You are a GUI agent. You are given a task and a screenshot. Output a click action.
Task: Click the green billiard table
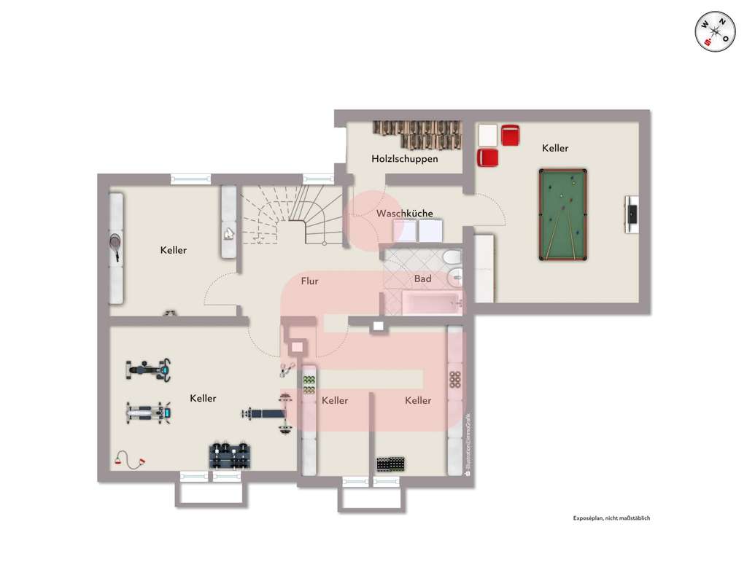coord(562,214)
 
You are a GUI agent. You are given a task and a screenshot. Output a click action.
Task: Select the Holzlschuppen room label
coord(404,158)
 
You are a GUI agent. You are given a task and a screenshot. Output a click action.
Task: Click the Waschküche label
coord(404,214)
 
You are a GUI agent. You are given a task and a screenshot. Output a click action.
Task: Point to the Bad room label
coord(422,278)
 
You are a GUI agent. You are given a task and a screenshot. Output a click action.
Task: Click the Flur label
coord(309,280)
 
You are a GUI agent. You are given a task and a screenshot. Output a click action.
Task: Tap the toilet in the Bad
coord(452,257)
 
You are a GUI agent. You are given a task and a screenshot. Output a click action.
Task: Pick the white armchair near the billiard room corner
coord(487,135)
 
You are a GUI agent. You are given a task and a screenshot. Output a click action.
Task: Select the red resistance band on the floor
coord(130,461)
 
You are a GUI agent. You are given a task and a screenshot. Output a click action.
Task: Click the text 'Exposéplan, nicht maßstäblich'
coord(611,518)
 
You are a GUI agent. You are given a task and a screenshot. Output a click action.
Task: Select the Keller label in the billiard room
coord(555,148)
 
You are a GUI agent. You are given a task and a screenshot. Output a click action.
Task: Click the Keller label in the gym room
coord(203,398)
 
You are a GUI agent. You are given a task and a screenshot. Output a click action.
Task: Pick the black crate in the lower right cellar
coord(390,464)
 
